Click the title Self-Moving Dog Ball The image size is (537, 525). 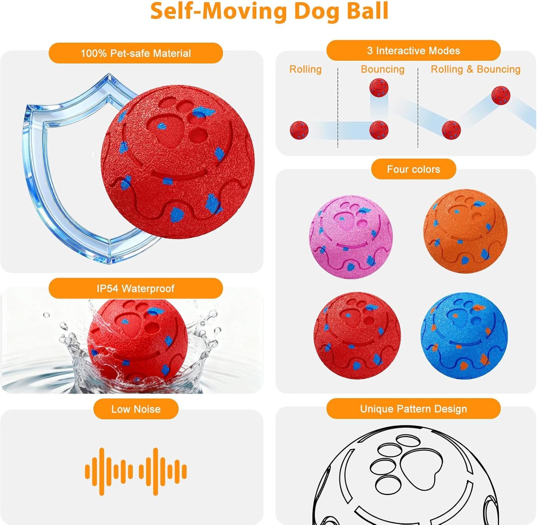(269, 11)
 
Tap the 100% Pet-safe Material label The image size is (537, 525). (136, 53)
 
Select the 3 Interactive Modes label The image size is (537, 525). (413, 51)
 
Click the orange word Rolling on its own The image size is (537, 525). (305, 69)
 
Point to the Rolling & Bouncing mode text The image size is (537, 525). (475, 69)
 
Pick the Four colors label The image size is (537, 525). (413, 169)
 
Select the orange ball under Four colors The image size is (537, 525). (465, 231)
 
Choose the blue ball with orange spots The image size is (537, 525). (464, 336)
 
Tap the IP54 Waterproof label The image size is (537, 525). (136, 288)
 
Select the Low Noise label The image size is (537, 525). (136, 409)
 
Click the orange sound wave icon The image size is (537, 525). (136, 471)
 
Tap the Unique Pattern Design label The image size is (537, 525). (413, 409)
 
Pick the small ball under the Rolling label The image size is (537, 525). (299, 130)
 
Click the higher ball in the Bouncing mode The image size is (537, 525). (379, 88)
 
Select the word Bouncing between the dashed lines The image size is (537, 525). (382, 69)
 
